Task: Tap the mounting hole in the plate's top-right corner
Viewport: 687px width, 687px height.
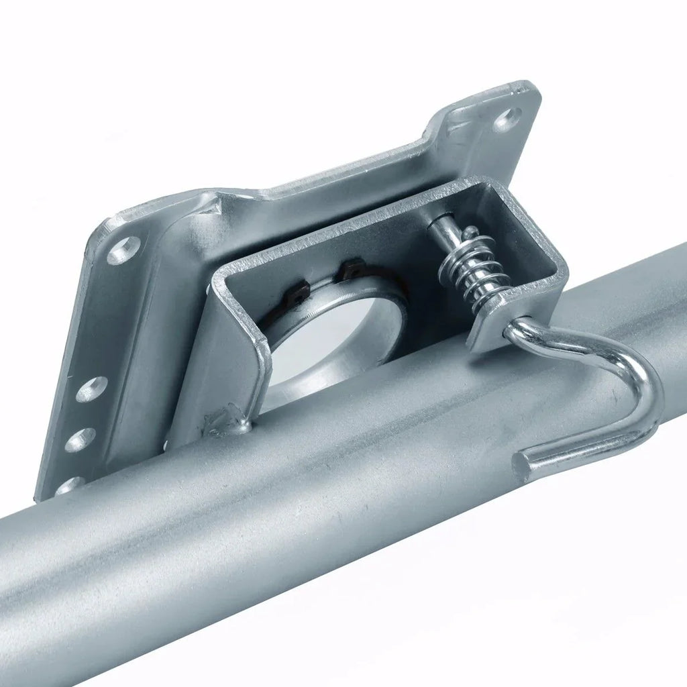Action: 507,119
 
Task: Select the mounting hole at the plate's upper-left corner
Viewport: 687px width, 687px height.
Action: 124,250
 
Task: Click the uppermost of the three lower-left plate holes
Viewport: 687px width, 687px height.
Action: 91,388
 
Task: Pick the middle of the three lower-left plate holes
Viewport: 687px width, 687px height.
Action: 79,439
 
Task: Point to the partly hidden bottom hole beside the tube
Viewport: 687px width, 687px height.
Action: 70,484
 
